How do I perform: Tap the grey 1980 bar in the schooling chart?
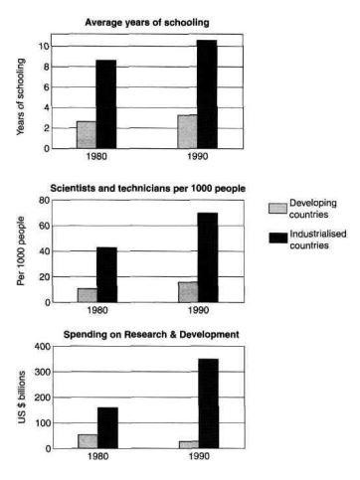coord(87,134)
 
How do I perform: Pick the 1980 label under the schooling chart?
coord(97,159)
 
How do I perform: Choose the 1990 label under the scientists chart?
coord(196,310)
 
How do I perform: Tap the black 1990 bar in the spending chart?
coord(207,402)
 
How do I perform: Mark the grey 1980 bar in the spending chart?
coord(87,440)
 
